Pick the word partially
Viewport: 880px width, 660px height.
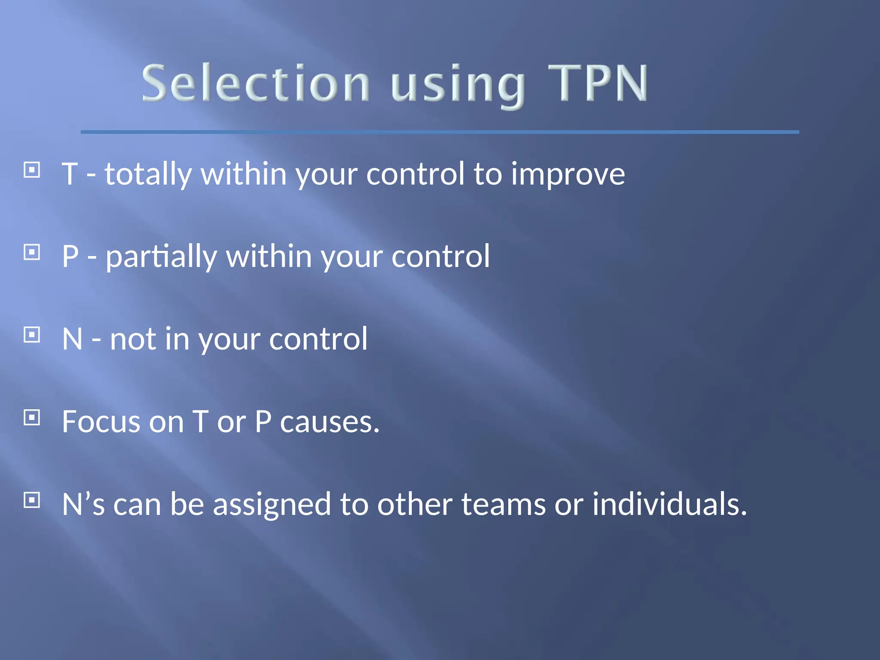pyautogui.click(x=161, y=257)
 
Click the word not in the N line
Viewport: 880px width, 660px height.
pyautogui.click(x=133, y=339)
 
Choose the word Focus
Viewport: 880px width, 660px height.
pyautogui.click(x=101, y=422)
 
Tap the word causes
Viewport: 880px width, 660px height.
pyautogui.click(x=330, y=422)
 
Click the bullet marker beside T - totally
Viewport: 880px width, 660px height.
pyautogui.click(x=32, y=170)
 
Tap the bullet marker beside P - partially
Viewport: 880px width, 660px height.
pyautogui.click(x=32, y=252)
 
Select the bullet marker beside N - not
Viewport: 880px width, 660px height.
pyautogui.click(x=32, y=335)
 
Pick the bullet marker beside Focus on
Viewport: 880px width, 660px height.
pyautogui.click(x=32, y=417)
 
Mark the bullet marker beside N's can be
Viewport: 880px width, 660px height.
pyautogui.click(x=32, y=500)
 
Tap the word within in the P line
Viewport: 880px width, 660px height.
pyautogui.click(x=269, y=257)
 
